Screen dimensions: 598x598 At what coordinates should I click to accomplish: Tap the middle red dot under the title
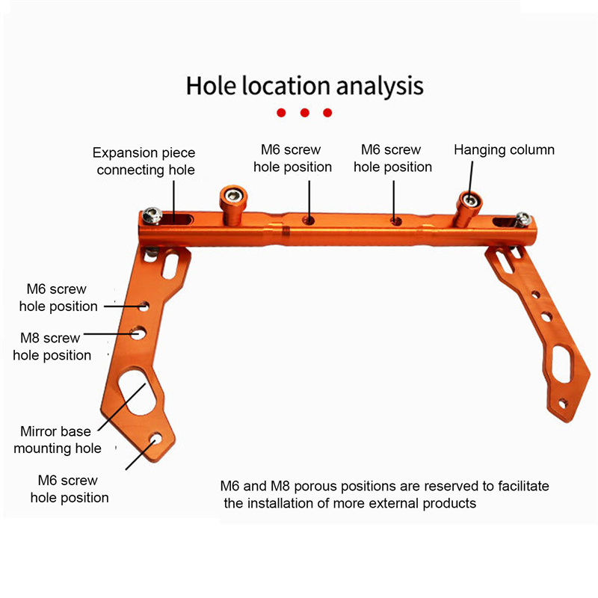[304, 113]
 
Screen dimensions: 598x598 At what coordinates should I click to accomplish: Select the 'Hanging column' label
[504, 149]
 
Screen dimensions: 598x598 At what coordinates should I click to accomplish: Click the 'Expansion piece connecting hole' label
[145, 161]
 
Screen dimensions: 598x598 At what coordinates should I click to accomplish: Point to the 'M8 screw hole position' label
[50, 346]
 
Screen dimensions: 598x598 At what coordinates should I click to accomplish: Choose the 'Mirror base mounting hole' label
[57, 440]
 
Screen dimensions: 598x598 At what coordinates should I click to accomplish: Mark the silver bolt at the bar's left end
[153, 215]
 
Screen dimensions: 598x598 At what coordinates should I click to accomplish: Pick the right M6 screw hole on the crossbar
[396, 221]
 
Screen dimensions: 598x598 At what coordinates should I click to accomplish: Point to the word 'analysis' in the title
[380, 85]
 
